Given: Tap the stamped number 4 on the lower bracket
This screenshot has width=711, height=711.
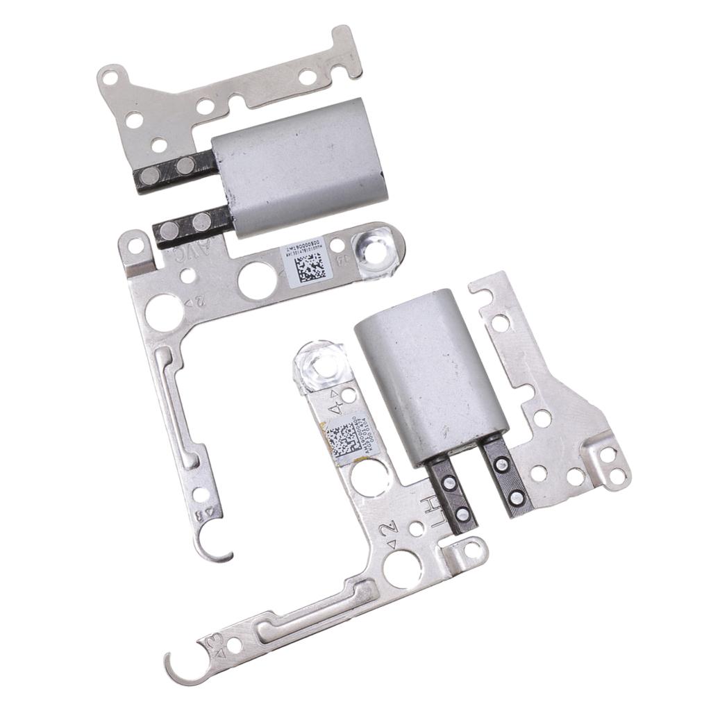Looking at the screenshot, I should (x=335, y=401).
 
